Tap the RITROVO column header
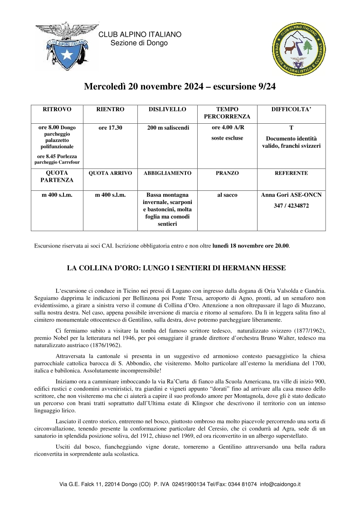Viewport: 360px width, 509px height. (57, 110)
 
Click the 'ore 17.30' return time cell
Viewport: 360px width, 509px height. (110, 128)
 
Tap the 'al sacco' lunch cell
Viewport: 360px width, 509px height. (227, 194)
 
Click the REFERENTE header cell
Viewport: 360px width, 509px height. (291, 173)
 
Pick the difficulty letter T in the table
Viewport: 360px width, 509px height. (291, 128)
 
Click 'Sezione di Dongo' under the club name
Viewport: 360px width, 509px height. (139, 43)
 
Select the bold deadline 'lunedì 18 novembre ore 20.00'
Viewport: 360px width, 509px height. (251, 246)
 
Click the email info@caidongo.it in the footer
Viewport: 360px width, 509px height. (280, 484)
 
